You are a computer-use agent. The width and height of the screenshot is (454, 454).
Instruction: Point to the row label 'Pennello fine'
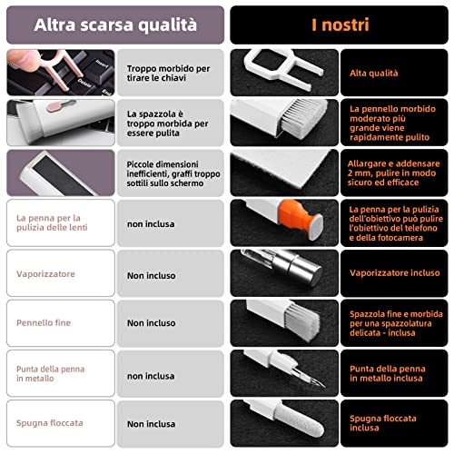point(44,322)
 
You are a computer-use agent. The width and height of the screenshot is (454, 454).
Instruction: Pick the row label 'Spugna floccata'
point(49,424)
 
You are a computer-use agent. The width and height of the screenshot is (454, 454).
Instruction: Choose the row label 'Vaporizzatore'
point(46,273)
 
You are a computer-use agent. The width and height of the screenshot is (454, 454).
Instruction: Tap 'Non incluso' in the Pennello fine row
point(151,323)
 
